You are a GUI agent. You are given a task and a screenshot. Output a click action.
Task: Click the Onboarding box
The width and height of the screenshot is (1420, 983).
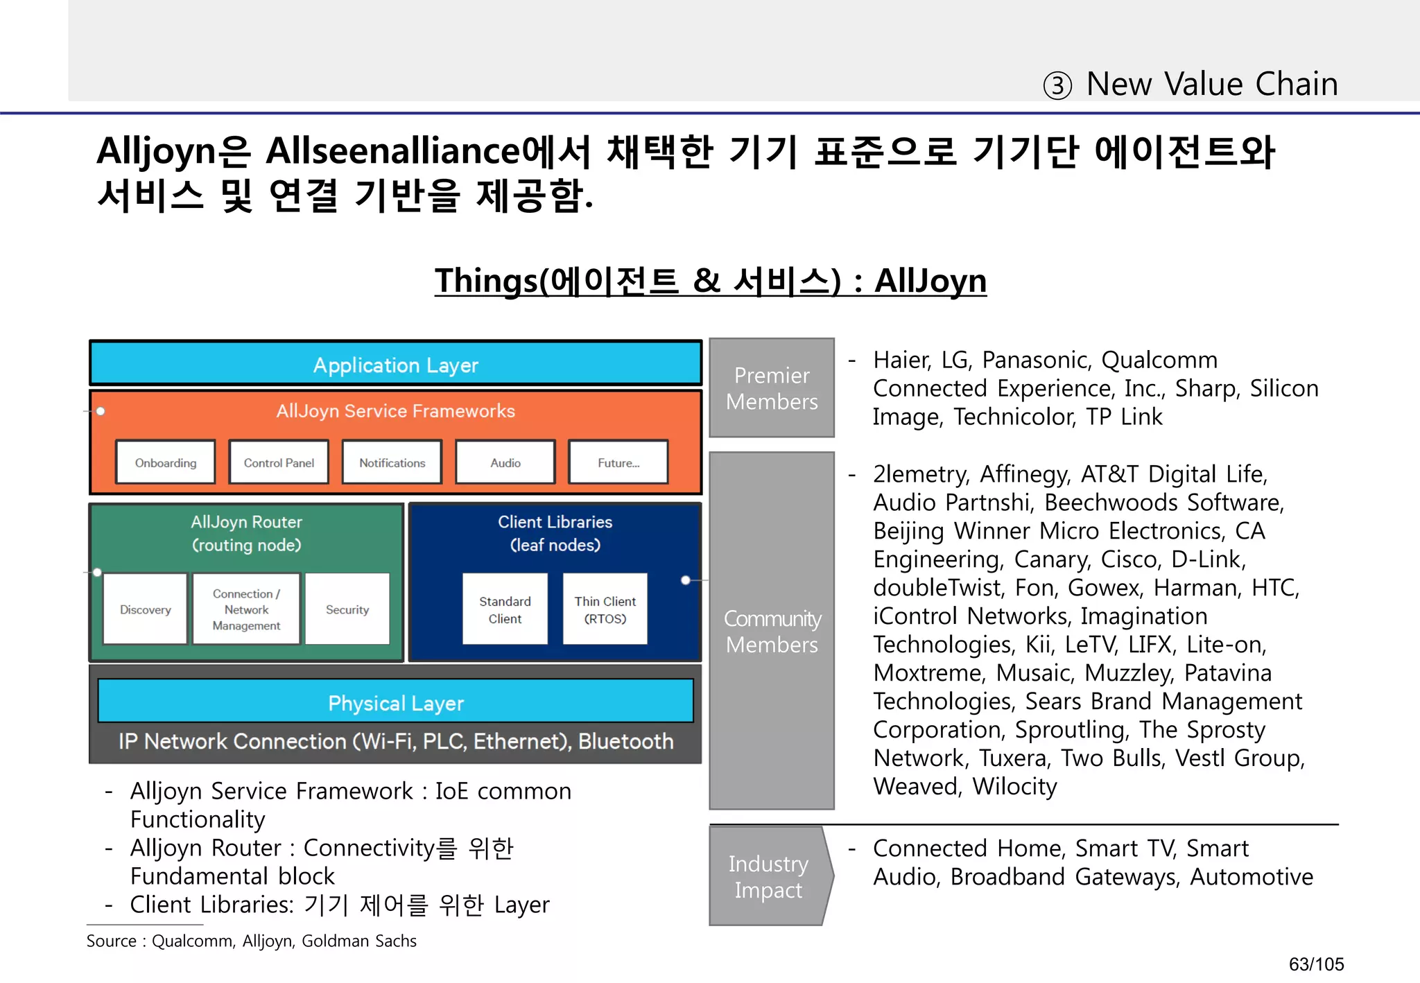166,462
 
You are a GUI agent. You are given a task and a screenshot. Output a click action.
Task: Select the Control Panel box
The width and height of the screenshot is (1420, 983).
279,462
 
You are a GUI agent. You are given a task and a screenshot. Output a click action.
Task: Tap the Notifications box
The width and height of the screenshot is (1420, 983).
392,462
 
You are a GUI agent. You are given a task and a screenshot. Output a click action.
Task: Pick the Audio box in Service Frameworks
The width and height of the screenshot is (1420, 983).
505,462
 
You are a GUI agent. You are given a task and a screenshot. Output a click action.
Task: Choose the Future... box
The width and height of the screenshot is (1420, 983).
618,462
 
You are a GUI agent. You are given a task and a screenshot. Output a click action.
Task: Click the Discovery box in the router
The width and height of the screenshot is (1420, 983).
146,609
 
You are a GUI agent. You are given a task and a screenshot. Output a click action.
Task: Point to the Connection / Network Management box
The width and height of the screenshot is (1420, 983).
246,609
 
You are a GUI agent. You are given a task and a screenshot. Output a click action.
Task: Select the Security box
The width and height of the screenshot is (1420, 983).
347,609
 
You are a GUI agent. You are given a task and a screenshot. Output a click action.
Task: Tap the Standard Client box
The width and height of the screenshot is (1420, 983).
505,609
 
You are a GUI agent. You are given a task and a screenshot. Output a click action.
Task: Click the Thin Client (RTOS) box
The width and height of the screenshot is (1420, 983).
605,609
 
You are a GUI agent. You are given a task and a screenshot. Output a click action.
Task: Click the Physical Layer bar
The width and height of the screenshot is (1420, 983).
395,702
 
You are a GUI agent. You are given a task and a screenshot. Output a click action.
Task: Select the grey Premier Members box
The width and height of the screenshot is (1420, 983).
772,388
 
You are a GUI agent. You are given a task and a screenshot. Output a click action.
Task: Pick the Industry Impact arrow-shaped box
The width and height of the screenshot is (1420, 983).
768,876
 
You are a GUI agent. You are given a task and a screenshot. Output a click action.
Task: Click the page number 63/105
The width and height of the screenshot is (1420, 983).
1316,964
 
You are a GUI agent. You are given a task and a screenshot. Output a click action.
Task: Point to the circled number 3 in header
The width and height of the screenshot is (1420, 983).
1057,86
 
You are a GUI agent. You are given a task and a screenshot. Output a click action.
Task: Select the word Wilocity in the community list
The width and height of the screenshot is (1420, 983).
1014,786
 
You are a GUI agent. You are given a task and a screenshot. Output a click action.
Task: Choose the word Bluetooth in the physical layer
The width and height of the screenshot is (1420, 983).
626,741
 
